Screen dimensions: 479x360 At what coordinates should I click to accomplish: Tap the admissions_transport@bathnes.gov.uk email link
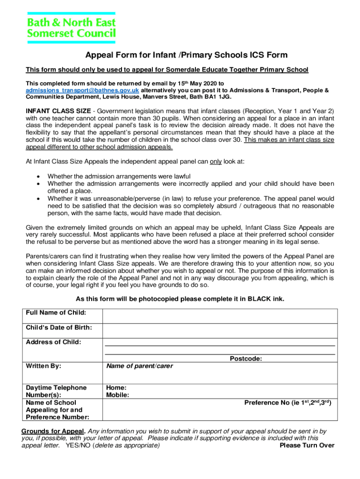pos(82,90)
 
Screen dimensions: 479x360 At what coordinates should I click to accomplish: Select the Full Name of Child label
pos(56,312)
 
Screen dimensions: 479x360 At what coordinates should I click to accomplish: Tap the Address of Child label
pos(53,342)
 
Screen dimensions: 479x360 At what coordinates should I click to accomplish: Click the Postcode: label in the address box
pos(245,359)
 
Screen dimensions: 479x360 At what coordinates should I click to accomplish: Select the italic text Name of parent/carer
pos(139,366)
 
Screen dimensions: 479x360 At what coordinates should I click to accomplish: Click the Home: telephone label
pos(116,388)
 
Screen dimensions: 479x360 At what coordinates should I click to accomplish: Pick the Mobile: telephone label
pos(118,395)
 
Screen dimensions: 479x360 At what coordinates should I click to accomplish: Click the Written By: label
pos(43,366)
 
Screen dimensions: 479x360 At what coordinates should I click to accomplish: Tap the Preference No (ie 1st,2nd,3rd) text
pos(288,402)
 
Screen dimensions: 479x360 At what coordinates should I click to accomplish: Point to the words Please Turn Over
pos(307,445)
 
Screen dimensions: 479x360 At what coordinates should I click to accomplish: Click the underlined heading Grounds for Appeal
pos(53,431)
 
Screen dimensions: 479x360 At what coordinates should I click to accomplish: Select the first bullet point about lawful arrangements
pos(119,176)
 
